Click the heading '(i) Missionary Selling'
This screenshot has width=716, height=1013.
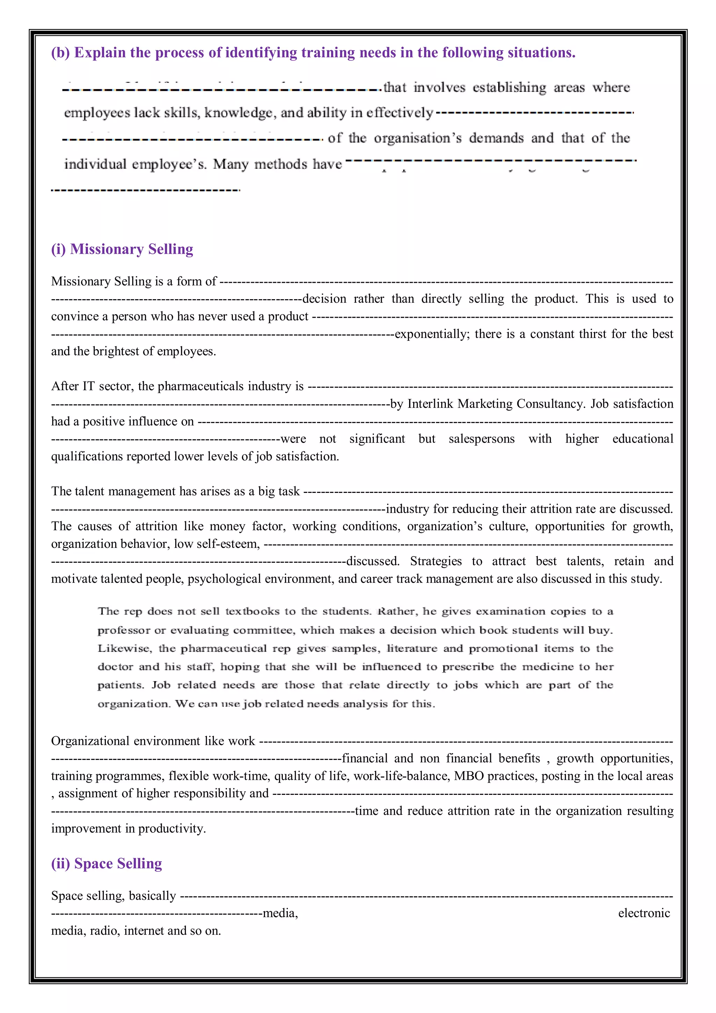tap(122, 249)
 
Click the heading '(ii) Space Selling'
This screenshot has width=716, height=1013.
tap(107, 863)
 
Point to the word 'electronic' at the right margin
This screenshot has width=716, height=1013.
tap(644, 913)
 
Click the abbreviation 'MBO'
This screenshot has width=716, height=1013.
tap(468, 776)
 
